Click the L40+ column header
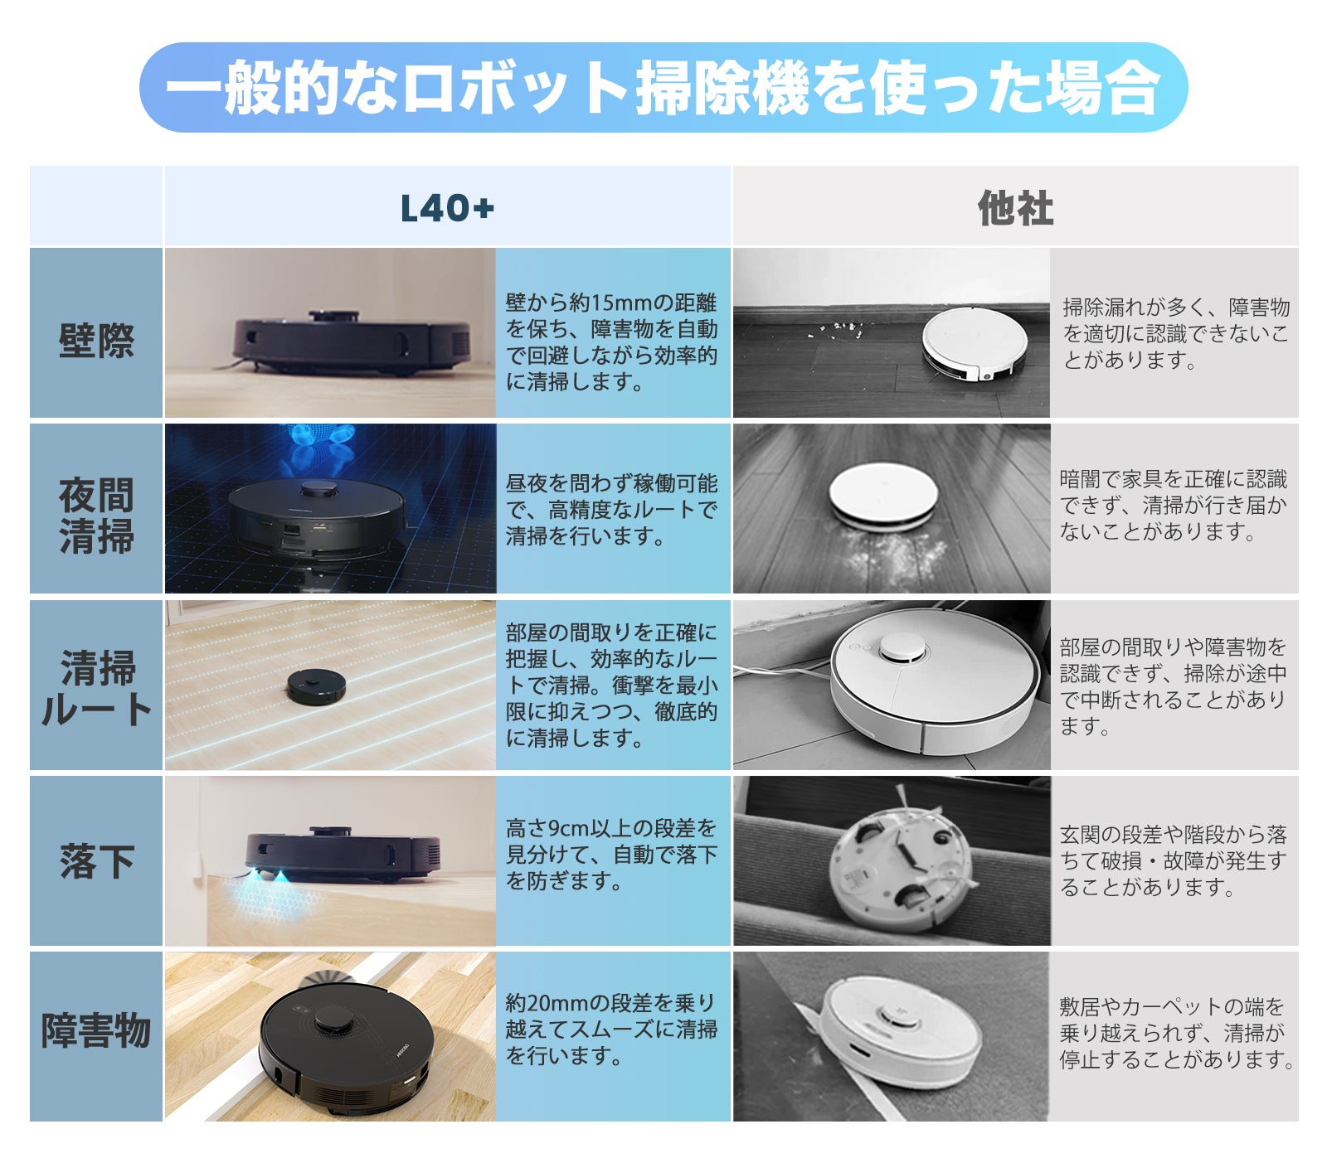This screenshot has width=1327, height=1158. point(447,208)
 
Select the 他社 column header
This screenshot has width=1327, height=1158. point(1015,208)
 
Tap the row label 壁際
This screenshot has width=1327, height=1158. point(96,341)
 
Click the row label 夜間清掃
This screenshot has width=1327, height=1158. point(96,516)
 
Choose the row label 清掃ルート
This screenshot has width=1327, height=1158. point(96,689)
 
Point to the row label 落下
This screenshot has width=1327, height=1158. point(96,861)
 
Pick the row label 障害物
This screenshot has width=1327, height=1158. point(96,1031)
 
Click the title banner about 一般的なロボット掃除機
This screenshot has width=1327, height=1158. point(663,88)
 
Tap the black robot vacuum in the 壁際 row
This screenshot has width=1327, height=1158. point(352,342)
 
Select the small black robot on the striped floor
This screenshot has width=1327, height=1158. point(316,686)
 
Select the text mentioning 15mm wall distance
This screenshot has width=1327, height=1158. point(612,342)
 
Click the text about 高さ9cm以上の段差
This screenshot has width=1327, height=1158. point(612,855)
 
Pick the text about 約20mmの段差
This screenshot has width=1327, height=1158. point(612,1030)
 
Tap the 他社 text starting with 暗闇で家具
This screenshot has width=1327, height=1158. point(1174,506)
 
